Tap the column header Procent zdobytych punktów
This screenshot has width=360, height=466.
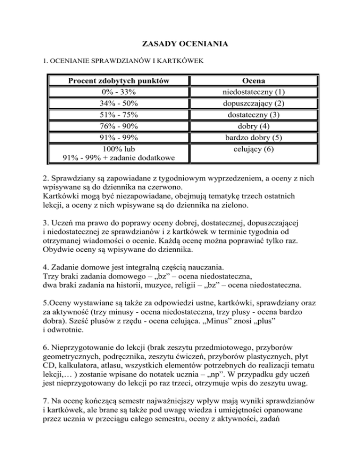click(119, 81)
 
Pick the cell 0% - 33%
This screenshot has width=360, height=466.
click(119, 92)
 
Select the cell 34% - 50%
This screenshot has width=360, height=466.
click(119, 103)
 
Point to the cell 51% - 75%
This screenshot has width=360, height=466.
click(119, 115)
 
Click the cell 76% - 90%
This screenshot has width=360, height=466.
click(119, 126)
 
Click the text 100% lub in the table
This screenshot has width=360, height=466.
click(119, 150)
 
